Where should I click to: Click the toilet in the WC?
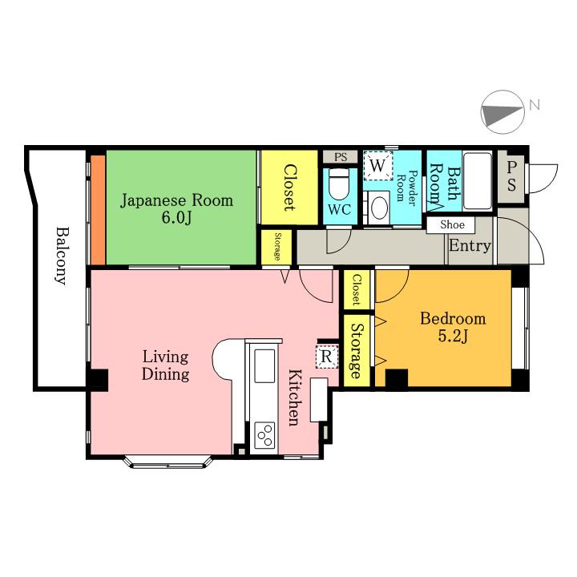coord(339,184)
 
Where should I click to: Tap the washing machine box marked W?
coord(378,166)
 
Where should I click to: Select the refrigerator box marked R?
coord(327,356)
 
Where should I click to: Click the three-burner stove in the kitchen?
coord(265,435)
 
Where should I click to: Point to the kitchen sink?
coord(264,366)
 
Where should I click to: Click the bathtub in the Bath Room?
coord(478,180)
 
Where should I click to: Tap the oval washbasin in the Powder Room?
coord(380,208)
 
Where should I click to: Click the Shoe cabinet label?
coord(452,224)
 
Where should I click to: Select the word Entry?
coord(470,245)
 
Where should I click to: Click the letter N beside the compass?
coord(535,105)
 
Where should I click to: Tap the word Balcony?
coord(62,256)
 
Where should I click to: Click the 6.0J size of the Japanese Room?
coord(176,218)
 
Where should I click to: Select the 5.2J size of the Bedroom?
coord(453,336)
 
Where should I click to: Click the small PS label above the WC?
coord(341,157)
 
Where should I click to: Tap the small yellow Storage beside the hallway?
coord(277,247)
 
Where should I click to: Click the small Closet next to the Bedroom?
coord(356,289)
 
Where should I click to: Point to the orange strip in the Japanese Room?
coord(99,210)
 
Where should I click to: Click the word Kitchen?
coord(293,397)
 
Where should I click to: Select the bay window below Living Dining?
coord(168,462)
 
